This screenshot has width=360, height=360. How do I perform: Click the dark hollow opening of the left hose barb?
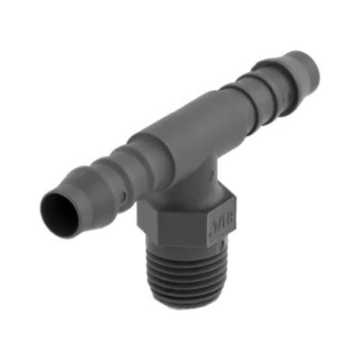pyautogui.click(x=58, y=217)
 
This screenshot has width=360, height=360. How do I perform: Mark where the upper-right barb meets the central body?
pyautogui.click(x=225, y=108)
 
